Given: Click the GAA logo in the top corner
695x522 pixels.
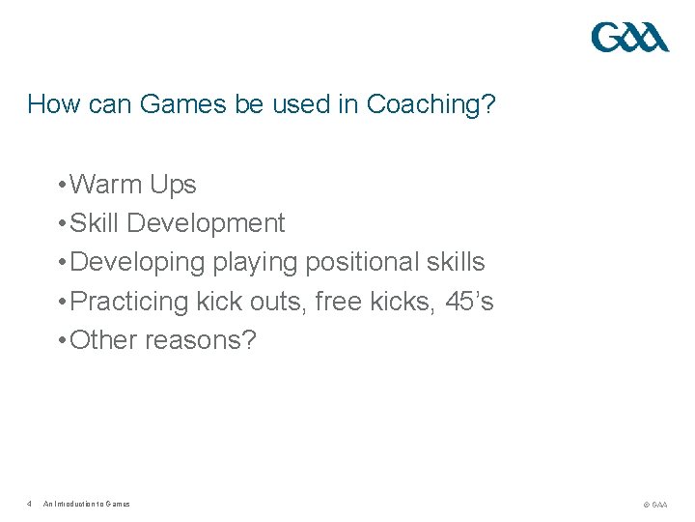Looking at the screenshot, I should [x=629, y=38].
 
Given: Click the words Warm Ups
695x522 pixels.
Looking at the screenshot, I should [x=133, y=184].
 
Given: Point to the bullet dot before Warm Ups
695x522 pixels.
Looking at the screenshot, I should [x=61, y=185].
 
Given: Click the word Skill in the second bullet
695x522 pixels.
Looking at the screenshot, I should [x=95, y=223].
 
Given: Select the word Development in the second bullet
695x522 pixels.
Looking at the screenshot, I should [x=206, y=223].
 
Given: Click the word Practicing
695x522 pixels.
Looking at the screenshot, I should [x=129, y=302].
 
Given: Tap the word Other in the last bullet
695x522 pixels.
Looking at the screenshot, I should [x=103, y=340].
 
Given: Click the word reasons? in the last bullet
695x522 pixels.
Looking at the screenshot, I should [x=201, y=341].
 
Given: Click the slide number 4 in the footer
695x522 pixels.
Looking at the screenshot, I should [x=30, y=504].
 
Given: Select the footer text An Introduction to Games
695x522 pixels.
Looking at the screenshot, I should [x=87, y=504].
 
